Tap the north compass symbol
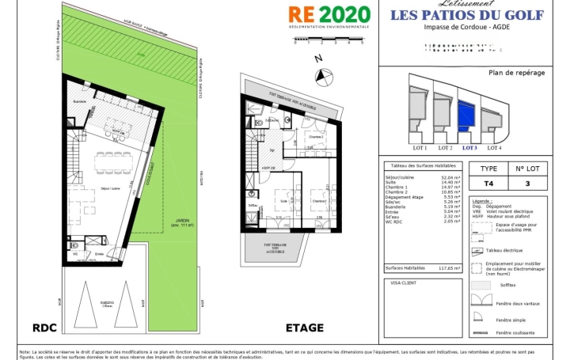pyautogui.click(x=323, y=76)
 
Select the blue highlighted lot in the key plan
pyautogui.click(x=469, y=116)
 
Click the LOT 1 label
pyautogui.click(x=420, y=148)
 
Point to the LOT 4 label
pyautogui.click(x=494, y=148)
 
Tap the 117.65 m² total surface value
pyautogui.click(x=450, y=268)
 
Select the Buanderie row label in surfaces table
pyautogui.click(x=397, y=206)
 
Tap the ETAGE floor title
pyautogui.click(x=305, y=327)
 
